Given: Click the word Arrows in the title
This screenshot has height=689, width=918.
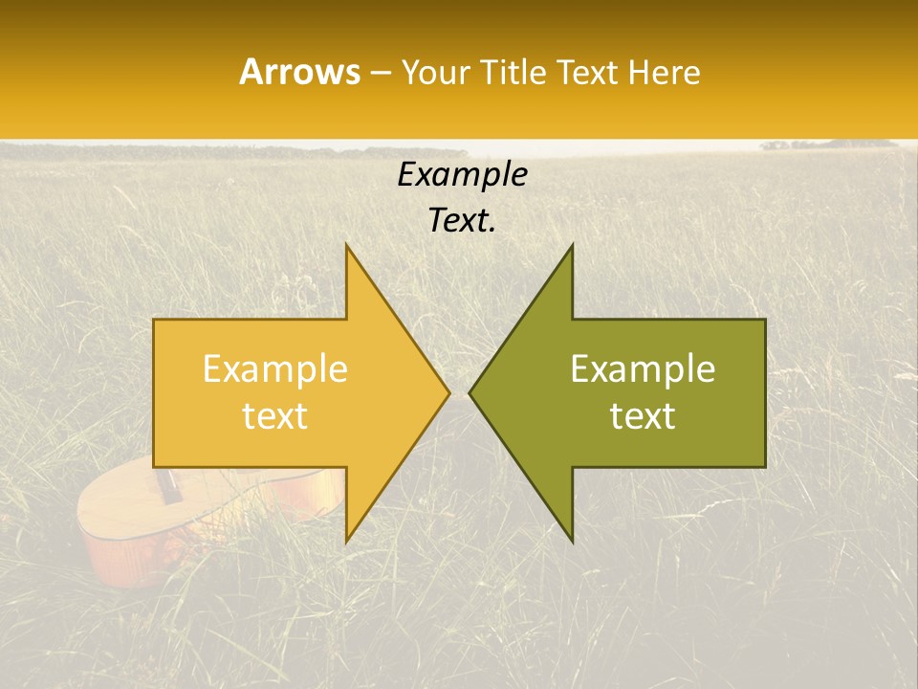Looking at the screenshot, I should [299, 72].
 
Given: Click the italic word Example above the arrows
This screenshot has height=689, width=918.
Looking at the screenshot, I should [462, 174].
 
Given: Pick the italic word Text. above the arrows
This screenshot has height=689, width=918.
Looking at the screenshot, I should [462, 220].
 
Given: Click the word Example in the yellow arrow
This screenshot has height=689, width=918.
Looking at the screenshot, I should [274, 368].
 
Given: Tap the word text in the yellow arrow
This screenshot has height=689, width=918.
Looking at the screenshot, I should [274, 415].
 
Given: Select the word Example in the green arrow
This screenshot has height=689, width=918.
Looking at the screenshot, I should [643, 368].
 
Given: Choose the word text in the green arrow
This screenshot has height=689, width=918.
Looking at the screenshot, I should [643, 415].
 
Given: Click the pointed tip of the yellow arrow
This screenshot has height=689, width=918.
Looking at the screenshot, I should [448, 392].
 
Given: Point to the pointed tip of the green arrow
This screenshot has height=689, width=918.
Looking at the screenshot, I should [470, 392].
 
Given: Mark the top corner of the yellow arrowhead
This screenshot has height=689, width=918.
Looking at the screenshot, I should [347, 246].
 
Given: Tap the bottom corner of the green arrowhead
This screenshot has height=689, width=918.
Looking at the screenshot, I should [572, 541].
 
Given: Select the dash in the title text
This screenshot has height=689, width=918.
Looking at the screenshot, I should [380, 73].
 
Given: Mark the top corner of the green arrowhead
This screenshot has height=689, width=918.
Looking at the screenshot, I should [572, 246].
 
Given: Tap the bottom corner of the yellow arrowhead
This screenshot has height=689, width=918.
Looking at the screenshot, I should [347, 541].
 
